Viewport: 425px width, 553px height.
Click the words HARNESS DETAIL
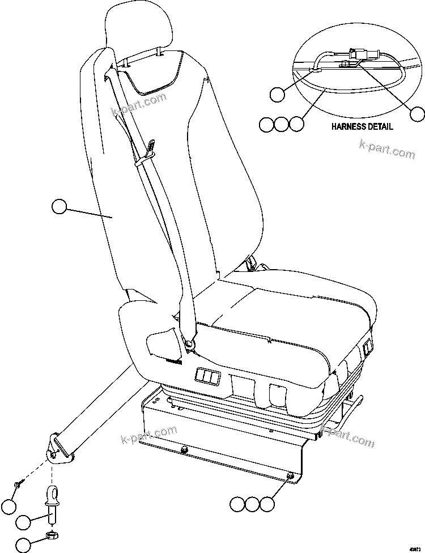(362, 127)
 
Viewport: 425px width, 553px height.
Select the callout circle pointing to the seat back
(59, 207)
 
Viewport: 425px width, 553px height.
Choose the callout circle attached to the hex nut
(24, 545)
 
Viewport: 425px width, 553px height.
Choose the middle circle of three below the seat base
(252, 503)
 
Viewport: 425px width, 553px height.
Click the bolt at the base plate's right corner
(291, 477)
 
